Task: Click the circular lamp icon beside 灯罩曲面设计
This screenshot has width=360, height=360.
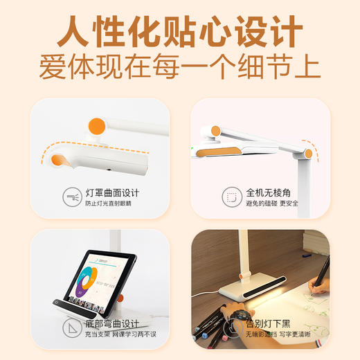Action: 71,197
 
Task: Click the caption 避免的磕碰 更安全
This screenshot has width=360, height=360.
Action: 272,204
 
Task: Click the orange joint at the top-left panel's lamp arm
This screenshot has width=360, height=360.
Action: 97,127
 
